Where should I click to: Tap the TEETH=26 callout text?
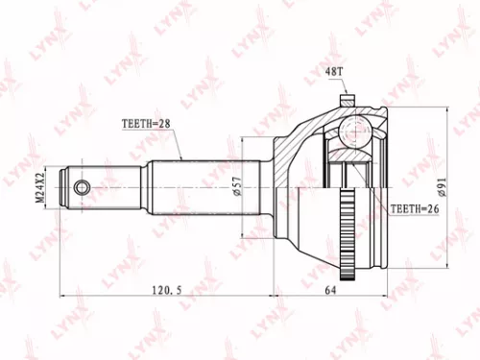point(414,207)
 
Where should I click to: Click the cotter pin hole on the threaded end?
point(83,186)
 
